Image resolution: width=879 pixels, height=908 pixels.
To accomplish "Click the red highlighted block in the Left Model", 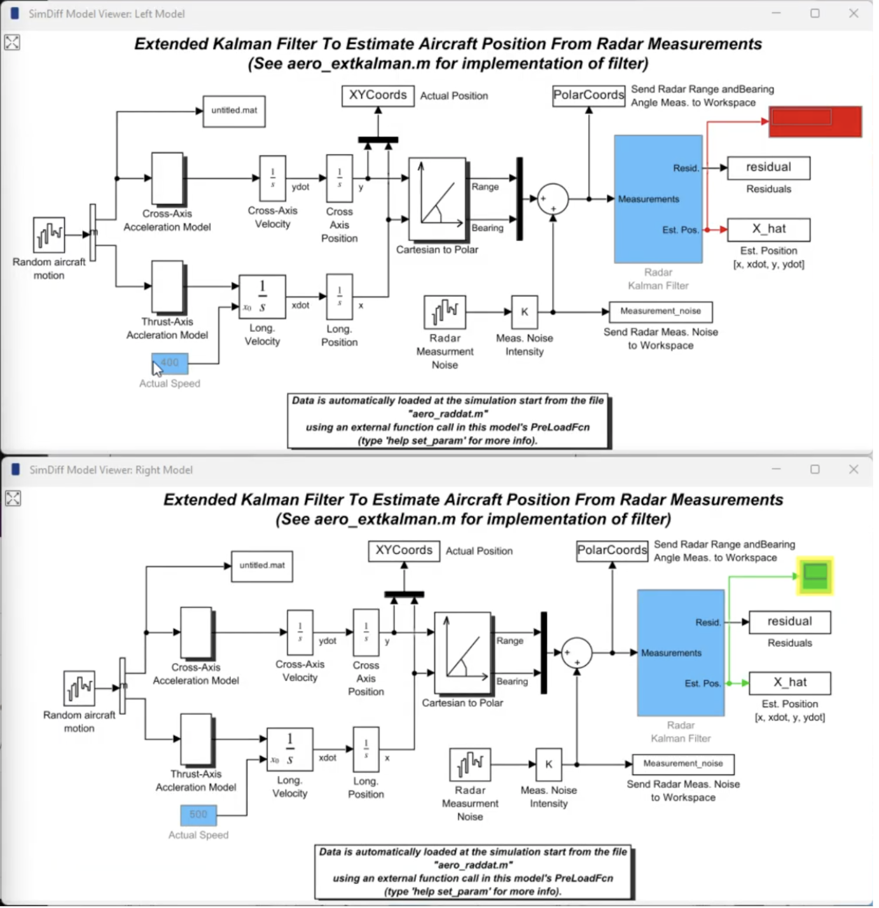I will click(815, 121).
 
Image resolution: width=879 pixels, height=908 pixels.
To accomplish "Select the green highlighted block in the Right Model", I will click(815, 576).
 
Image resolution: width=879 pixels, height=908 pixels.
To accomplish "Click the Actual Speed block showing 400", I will click(170, 363).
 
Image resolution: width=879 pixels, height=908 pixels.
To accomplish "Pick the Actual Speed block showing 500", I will click(198, 815).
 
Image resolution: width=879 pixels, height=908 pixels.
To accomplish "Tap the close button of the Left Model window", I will click(854, 13).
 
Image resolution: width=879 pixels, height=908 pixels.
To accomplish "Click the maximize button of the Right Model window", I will click(815, 469).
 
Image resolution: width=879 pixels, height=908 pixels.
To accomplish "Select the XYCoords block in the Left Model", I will click(378, 95).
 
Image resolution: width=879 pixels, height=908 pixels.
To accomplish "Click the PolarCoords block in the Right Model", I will click(612, 551).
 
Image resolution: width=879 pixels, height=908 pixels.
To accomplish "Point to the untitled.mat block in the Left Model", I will click(234, 111).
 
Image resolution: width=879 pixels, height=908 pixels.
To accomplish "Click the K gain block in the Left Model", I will click(525, 312).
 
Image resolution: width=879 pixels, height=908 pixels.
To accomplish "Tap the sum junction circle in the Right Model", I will click(577, 652).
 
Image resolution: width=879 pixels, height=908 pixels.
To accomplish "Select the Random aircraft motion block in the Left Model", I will click(49, 235).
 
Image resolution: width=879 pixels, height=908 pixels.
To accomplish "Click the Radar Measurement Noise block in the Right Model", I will click(470, 764).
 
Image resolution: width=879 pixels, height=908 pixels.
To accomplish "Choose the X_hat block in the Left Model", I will click(768, 230).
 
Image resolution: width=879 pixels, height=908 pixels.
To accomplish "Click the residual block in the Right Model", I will click(789, 622).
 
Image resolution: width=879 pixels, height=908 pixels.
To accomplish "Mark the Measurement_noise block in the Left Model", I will click(660, 312).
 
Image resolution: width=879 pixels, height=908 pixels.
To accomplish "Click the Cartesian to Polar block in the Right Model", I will click(462, 652).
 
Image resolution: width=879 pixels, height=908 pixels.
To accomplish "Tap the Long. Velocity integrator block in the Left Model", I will click(262, 297).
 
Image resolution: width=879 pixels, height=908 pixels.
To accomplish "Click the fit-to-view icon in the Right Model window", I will click(13, 498).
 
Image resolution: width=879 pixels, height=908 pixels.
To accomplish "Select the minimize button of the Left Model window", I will click(776, 13).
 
